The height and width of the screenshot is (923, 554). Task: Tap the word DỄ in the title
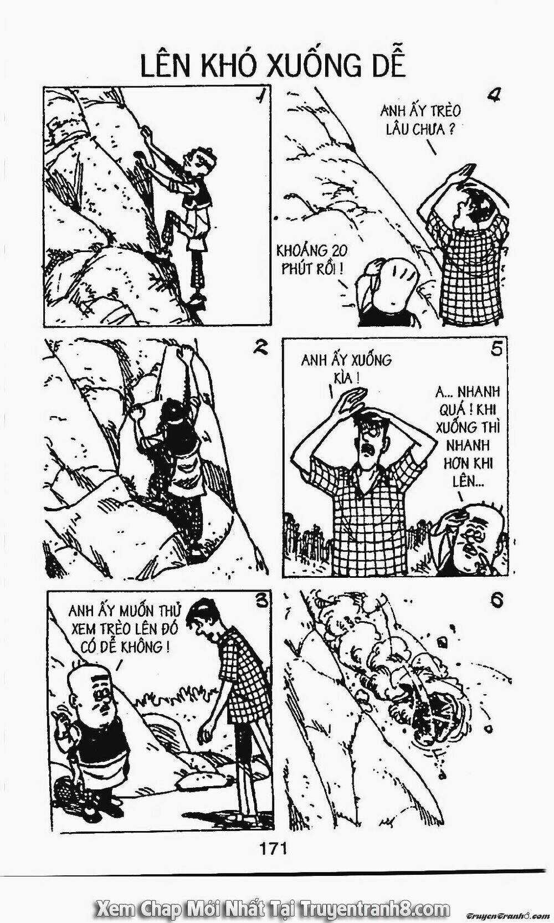(384, 66)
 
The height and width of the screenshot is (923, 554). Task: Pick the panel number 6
(496, 601)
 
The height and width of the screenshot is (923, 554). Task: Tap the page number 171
(272, 848)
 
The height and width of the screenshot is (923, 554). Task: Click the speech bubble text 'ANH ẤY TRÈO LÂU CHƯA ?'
(420, 120)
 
